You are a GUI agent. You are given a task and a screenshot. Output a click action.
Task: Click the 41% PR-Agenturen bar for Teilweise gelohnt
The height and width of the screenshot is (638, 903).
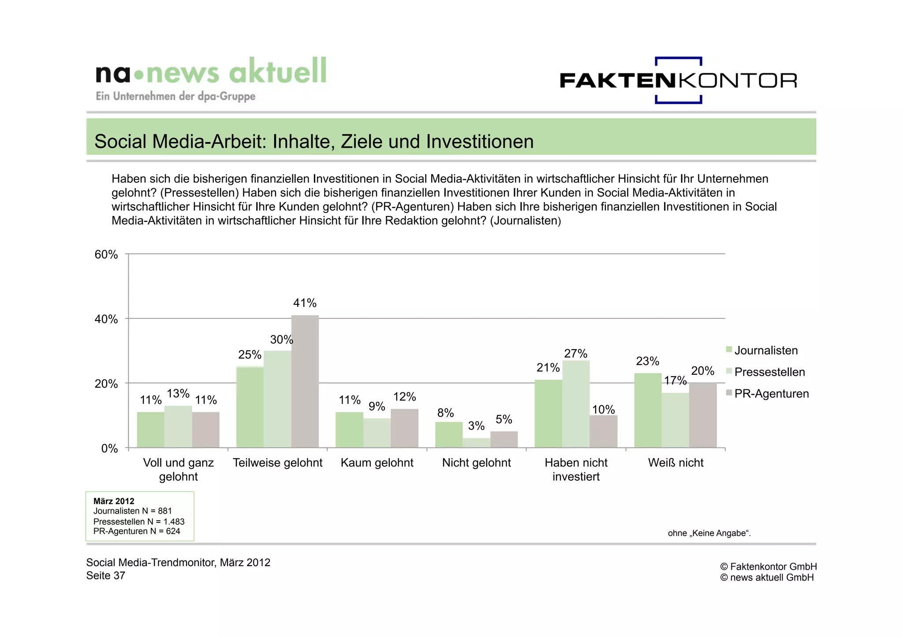click(x=305, y=381)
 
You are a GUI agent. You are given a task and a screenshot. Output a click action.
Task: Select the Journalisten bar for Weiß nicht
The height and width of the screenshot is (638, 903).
click(x=648, y=410)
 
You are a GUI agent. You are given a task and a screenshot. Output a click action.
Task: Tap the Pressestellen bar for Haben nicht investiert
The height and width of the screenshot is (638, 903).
click(x=576, y=404)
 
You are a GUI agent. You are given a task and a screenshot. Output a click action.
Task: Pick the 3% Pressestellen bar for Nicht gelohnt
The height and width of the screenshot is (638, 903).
click(x=476, y=443)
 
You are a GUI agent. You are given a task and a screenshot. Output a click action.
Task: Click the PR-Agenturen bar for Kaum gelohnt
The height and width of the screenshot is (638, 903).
click(x=404, y=428)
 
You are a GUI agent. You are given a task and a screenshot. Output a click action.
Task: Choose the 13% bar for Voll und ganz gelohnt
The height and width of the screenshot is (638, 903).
click(x=178, y=427)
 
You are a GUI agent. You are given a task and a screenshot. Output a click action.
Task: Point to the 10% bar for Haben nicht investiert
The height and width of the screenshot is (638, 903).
click(x=603, y=431)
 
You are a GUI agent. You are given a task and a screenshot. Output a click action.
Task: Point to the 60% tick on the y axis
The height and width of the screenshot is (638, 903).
click(x=106, y=254)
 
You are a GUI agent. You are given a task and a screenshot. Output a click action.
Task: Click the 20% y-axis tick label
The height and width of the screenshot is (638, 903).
click(x=106, y=384)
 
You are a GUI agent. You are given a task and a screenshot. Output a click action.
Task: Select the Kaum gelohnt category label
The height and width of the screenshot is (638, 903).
click(x=377, y=463)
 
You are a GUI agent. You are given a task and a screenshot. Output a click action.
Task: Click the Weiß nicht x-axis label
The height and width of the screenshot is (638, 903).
click(x=675, y=463)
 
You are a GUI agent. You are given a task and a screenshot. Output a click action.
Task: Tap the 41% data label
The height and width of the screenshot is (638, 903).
click(x=305, y=303)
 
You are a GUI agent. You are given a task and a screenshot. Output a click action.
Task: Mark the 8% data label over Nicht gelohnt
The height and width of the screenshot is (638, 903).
click(x=445, y=413)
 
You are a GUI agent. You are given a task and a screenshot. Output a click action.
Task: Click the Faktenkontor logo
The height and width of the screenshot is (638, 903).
click(x=678, y=80)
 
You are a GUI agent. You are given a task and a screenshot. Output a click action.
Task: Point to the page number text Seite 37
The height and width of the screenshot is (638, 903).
click(x=106, y=575)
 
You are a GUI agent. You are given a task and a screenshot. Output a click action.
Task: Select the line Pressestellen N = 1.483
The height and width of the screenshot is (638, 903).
click(x=139, y=522)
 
